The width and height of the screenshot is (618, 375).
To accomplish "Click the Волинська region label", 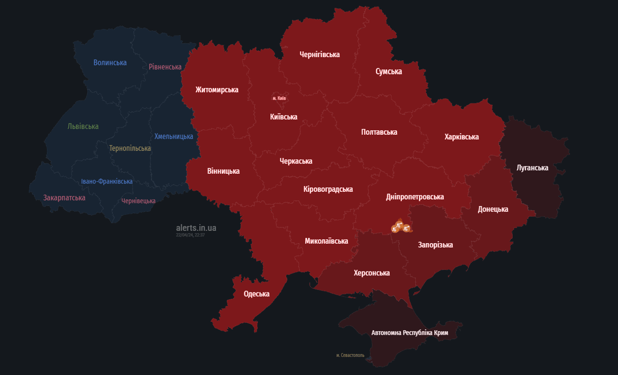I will point(110,62).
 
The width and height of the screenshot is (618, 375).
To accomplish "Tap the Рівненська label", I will point(165,67).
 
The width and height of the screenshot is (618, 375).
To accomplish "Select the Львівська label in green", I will point(83,126).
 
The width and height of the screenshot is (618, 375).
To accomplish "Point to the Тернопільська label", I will point(130,148).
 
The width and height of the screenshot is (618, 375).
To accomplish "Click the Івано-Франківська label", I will point(107,182).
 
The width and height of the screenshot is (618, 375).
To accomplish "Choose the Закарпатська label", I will point(64,198).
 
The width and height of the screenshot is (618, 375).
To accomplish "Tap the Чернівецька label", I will point(138,201).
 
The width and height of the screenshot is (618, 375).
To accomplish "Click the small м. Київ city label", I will point(279,98).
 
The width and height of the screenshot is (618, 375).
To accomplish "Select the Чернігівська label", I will point(319,55).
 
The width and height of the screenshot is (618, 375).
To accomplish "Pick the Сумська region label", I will point(388,71).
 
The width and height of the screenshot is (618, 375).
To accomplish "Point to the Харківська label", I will point(462,137).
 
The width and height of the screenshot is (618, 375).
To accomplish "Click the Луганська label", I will point(532,168).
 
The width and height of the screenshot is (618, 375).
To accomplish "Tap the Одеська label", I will point(256,294).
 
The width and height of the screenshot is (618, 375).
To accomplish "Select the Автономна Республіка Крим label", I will point(409,333).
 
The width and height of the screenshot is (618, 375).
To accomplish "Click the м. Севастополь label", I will point(350,355).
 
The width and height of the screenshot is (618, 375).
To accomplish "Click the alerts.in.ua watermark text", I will point(196,228).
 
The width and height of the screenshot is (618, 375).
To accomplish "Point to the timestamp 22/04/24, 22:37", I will point(190,235).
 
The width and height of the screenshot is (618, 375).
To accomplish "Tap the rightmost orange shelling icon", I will point(406,228).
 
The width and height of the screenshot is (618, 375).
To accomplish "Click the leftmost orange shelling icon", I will point(394,229).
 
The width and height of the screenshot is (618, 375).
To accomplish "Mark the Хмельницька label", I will point(174,137).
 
